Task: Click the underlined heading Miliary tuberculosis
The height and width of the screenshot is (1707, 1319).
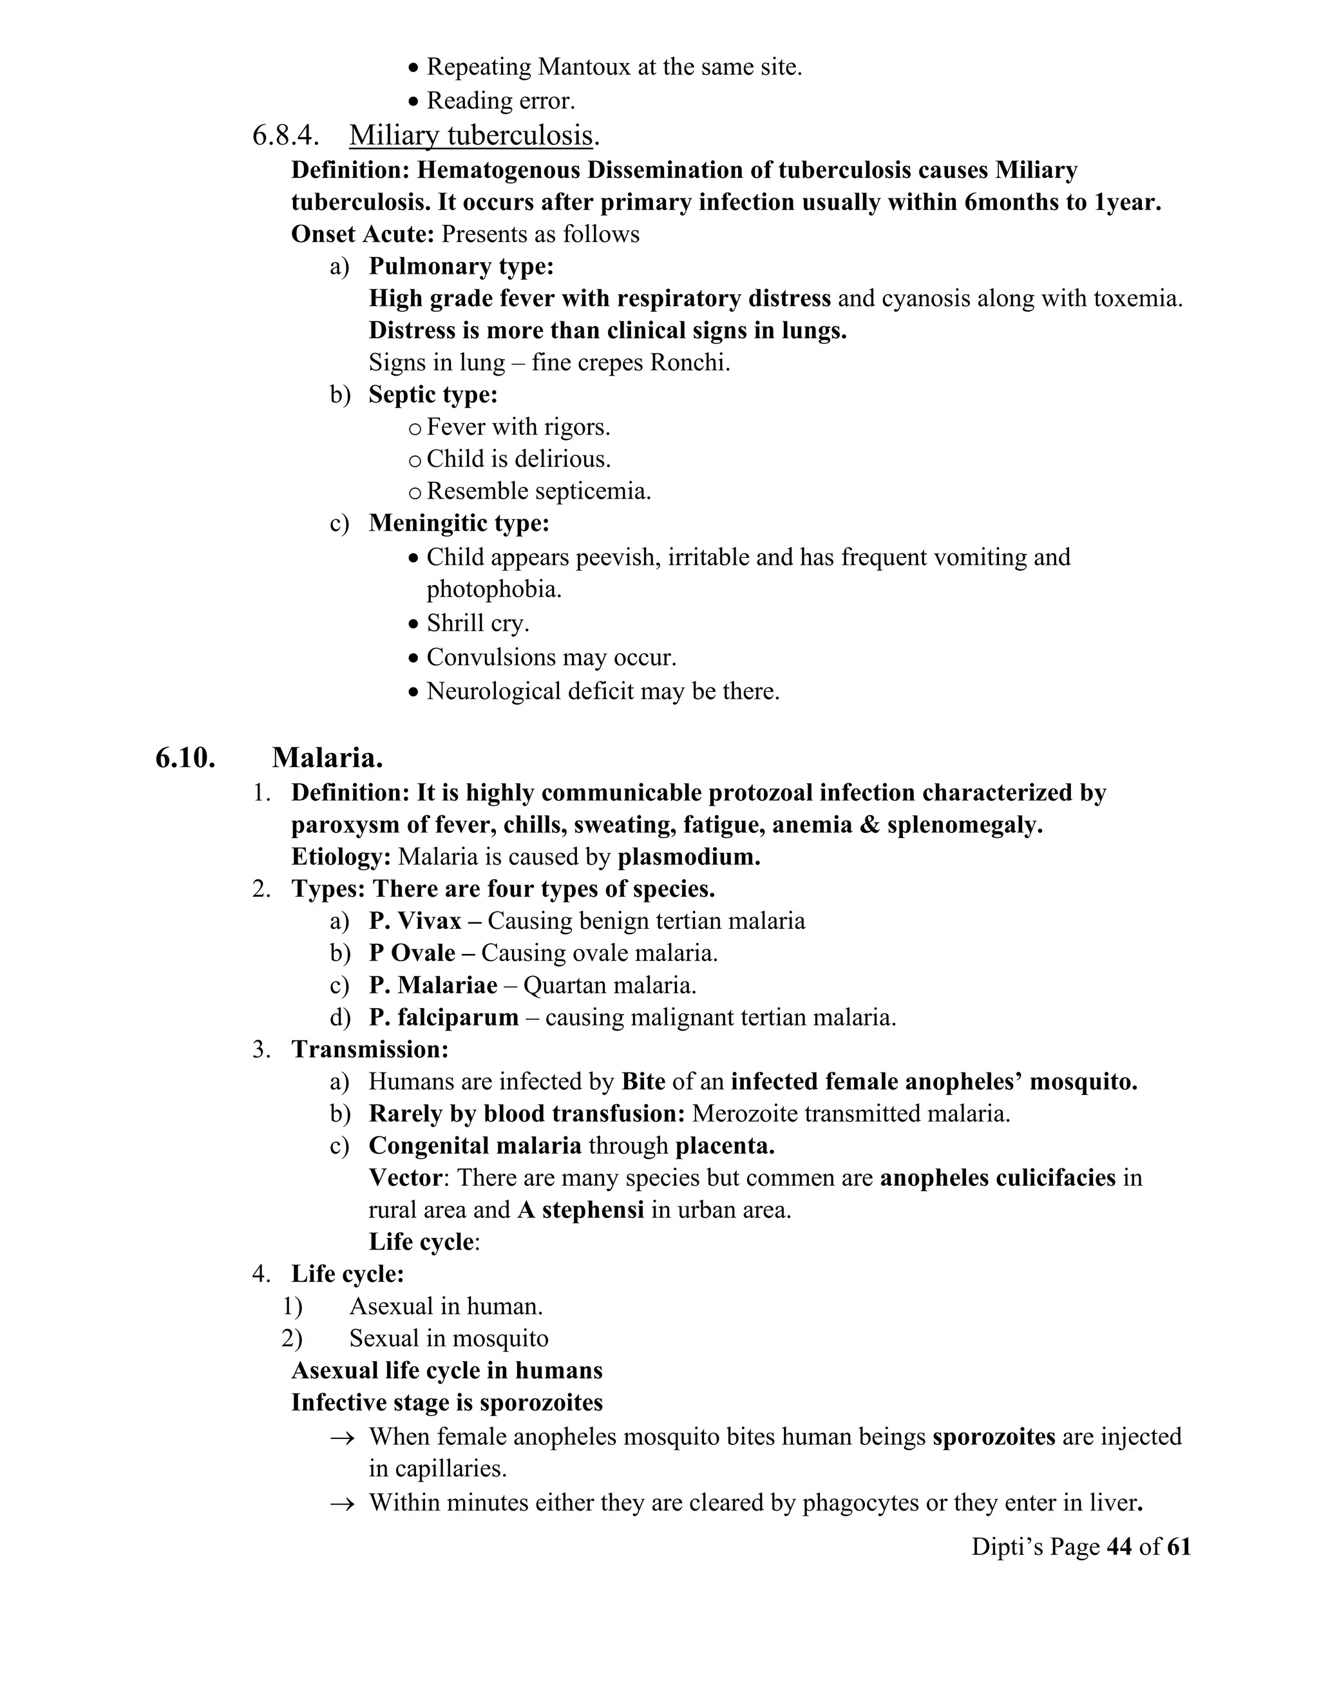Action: (x=471, y=135)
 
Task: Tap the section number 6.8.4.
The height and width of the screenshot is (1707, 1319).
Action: (x=285, y=135)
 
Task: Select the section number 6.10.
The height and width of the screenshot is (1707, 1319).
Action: (x=185, y=758)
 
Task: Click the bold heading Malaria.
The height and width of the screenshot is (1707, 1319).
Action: (x=327, y=758)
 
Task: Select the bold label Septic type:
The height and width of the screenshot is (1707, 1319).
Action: (x=433, y=395)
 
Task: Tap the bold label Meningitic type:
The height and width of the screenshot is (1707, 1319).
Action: (x=459, y=523)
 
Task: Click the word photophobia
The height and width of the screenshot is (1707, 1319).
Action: (x=494, y=589)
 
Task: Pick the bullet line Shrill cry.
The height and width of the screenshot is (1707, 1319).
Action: (x=477, y=623)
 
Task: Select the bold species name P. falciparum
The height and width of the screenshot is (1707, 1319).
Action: (x=443, y=1017)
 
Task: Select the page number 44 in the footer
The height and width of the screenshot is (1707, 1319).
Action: (x=1119, y=1546)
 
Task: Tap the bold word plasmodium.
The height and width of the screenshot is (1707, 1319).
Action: (x=688, y=857)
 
